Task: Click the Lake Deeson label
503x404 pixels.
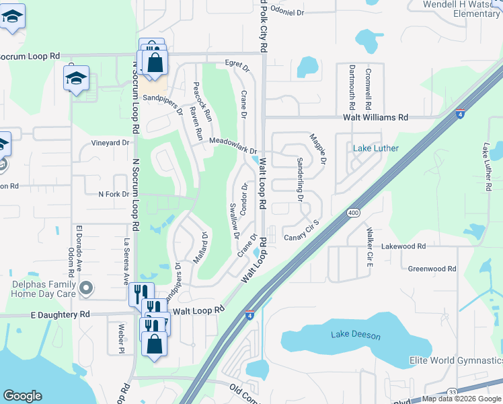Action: (355, 335)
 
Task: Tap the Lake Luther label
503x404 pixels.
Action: (376, 148)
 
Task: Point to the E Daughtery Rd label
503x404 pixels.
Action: (60, 314)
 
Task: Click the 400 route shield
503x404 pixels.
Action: (354, 213)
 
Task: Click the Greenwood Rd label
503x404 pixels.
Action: (432, 269)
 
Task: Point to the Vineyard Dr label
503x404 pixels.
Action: (110, 143)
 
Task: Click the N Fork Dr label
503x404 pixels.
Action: (113, 195)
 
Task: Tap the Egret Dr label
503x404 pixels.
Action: (237, 67)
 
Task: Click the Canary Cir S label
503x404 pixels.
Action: (301, 232)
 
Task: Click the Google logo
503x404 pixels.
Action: (23, 396)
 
